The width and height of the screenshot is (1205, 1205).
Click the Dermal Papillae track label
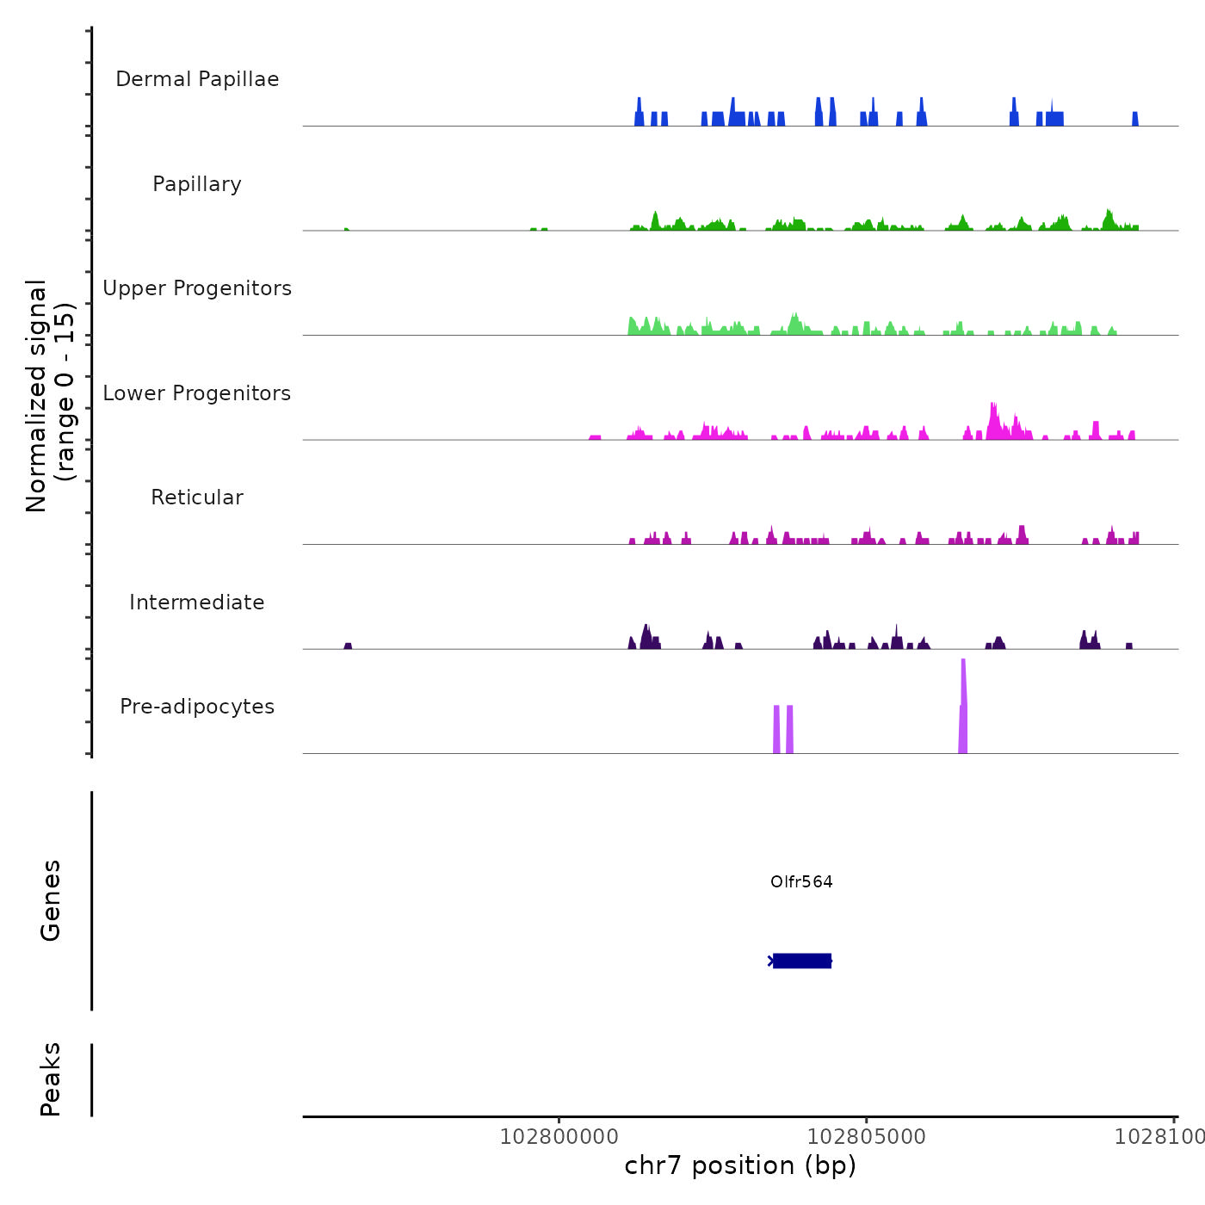197,79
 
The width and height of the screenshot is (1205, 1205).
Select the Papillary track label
197,184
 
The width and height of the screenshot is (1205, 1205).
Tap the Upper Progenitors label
197,288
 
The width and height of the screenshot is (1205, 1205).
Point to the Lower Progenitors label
197,393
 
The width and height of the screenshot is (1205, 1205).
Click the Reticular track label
197,497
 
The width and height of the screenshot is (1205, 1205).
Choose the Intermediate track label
197,602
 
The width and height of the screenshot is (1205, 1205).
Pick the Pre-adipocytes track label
197,707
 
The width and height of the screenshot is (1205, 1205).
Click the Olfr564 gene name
801,882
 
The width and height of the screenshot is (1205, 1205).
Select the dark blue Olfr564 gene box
802,961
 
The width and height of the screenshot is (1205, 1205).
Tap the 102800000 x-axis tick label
559,1137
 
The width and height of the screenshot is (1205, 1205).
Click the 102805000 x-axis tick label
866,1137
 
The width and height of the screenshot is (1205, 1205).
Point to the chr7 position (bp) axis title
740,1165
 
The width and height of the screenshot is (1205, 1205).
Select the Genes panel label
51,900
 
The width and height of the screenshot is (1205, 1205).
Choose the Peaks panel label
51,1079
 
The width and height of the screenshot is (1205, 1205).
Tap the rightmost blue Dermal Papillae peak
1135,120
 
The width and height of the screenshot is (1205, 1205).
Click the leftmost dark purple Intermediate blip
348,646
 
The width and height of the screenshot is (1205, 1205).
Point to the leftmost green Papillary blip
346,229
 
